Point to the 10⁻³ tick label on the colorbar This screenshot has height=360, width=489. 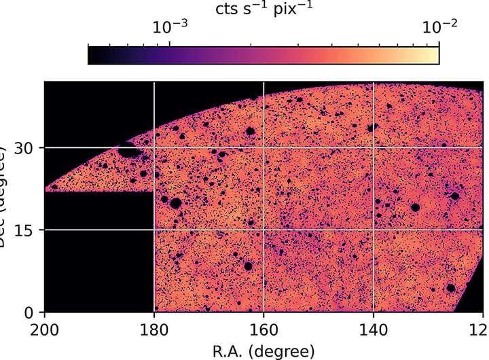coord(169,26)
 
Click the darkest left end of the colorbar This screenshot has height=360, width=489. coord(91,54)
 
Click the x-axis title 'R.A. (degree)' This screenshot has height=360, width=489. coord(264,350)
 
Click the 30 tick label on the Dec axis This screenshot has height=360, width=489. coord(26,147)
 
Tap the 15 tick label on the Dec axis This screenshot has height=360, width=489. coord(26,230)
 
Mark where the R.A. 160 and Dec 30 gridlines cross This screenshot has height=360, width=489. coord(264,147)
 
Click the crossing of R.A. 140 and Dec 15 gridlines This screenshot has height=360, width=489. coord(373,230)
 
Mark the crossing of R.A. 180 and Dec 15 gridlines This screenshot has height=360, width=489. coord(154,230)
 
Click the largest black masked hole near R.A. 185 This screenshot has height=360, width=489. coord(128,150)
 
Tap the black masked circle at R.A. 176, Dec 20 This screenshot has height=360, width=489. coord(176,202)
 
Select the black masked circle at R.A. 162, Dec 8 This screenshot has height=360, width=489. coord(249,266)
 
